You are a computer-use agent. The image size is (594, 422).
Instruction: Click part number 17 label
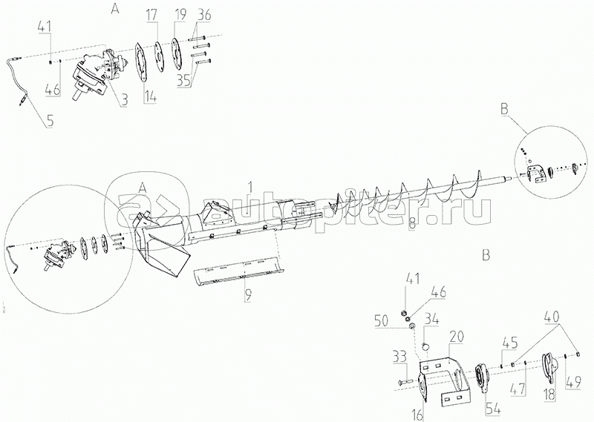(x=151, y=16)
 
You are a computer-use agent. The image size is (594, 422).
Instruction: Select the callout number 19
(x=180, y=16)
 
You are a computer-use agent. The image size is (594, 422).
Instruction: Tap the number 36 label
(x=204, y=15)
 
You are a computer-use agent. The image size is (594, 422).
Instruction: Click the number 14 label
(x=150, y=96)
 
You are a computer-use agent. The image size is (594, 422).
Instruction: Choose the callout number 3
(x=124, y=100)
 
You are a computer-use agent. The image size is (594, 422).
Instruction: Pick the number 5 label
(x=50, y=121)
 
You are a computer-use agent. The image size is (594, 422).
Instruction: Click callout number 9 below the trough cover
(x=248, y=295)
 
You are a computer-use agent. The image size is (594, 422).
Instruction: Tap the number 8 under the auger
(x=412, y=225)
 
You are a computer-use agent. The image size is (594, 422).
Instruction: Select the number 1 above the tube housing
(x=249, y=187)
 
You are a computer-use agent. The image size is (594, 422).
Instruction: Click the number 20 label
(x=457, y=336)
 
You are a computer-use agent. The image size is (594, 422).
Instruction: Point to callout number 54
(x=493, y=409)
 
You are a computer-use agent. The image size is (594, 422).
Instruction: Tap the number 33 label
(x=399, y=357)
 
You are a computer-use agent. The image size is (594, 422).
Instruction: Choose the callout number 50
(x=382, y=321)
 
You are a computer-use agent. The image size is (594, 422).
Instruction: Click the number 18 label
(x=549, y=394)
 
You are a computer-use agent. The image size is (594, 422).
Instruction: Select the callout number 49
(x=574, y=382)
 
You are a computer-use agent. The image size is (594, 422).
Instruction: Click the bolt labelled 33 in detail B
(x=405, y=383)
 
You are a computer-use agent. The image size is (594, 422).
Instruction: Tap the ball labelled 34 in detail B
(x=425, y=345)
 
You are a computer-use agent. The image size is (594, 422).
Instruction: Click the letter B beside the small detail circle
(x=504, y=109)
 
